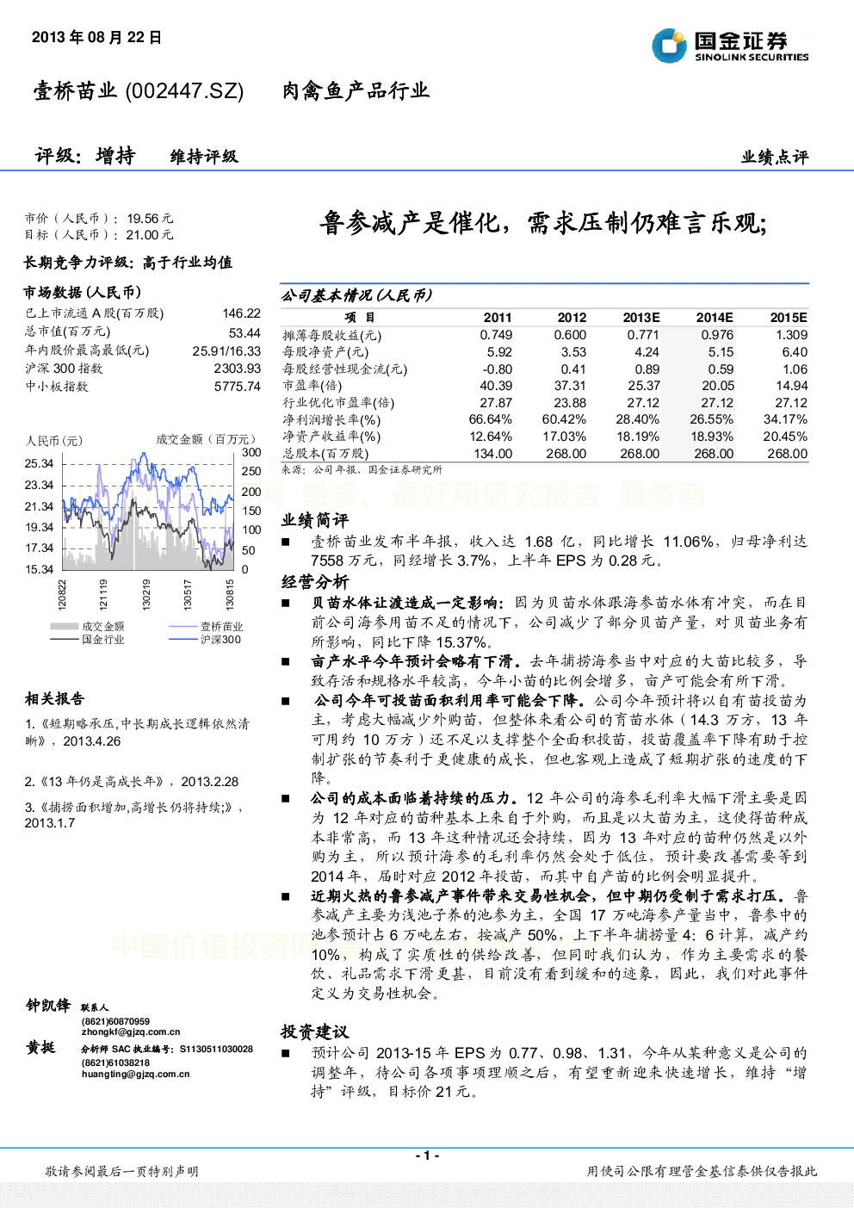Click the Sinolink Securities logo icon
point(669,46)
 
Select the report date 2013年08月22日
point(96,37)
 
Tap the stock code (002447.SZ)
point(184,90)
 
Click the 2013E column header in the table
point(641,318)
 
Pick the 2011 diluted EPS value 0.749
point(496,335)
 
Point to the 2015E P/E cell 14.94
point(791,386)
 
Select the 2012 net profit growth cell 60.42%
point(564,419)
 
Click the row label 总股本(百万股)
point(325,454)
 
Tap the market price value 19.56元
point(150,219)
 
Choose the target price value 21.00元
point(150,235)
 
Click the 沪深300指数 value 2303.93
point(238,369)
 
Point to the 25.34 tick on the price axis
point(39,464)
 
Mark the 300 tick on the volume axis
point(251,452)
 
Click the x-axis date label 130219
point(146,594)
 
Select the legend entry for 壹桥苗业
point(206,627)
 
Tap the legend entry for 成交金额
point(87,627)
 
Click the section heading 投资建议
point(315,1031)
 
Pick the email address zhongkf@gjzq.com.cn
point(131,1031)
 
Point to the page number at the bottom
point(428,1155)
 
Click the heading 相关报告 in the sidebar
point(54,699)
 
